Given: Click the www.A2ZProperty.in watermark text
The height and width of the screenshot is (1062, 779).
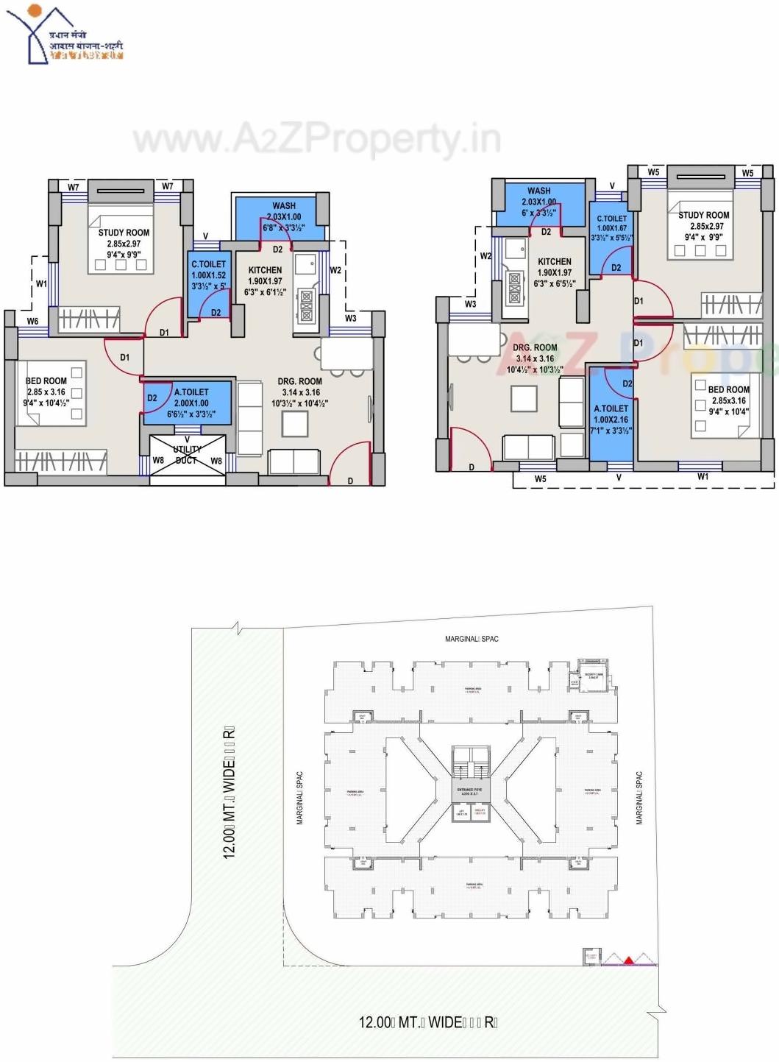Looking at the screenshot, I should (x=316, y=140).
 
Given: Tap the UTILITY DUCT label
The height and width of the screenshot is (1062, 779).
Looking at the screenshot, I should (x=187, y=455).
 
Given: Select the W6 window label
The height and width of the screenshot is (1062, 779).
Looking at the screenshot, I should (x=33, y=322).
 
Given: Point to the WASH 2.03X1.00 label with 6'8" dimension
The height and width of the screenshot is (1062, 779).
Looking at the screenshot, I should (x=284, y=217).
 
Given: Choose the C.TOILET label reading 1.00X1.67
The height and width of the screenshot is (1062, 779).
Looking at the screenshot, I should (x=612, y=228).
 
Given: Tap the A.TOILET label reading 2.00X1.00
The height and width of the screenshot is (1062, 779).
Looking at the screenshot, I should (x=191, y=403).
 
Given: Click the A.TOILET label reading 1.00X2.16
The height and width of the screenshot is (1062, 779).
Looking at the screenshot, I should (x=611, y=420).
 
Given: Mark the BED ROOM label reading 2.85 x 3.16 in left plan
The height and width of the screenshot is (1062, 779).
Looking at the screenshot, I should (x=46, y=392).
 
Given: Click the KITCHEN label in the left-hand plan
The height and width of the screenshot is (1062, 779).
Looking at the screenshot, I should (x=266, y=280).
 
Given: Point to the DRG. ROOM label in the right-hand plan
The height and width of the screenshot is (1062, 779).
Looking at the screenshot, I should (x=535, y=358).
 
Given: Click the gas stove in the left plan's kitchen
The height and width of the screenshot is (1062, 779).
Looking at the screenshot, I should (x=305, y=305).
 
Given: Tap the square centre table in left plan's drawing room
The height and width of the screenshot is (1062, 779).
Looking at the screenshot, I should (x=294, y=424).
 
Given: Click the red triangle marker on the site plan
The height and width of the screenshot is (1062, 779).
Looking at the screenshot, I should (x=629, y=960).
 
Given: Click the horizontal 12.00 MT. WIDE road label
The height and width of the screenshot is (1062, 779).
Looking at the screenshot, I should (x=428, y=1022).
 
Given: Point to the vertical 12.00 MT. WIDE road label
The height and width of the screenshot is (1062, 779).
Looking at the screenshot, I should (x=230, y=792).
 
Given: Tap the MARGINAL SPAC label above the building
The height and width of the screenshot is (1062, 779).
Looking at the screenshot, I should (x=472, y=639).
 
